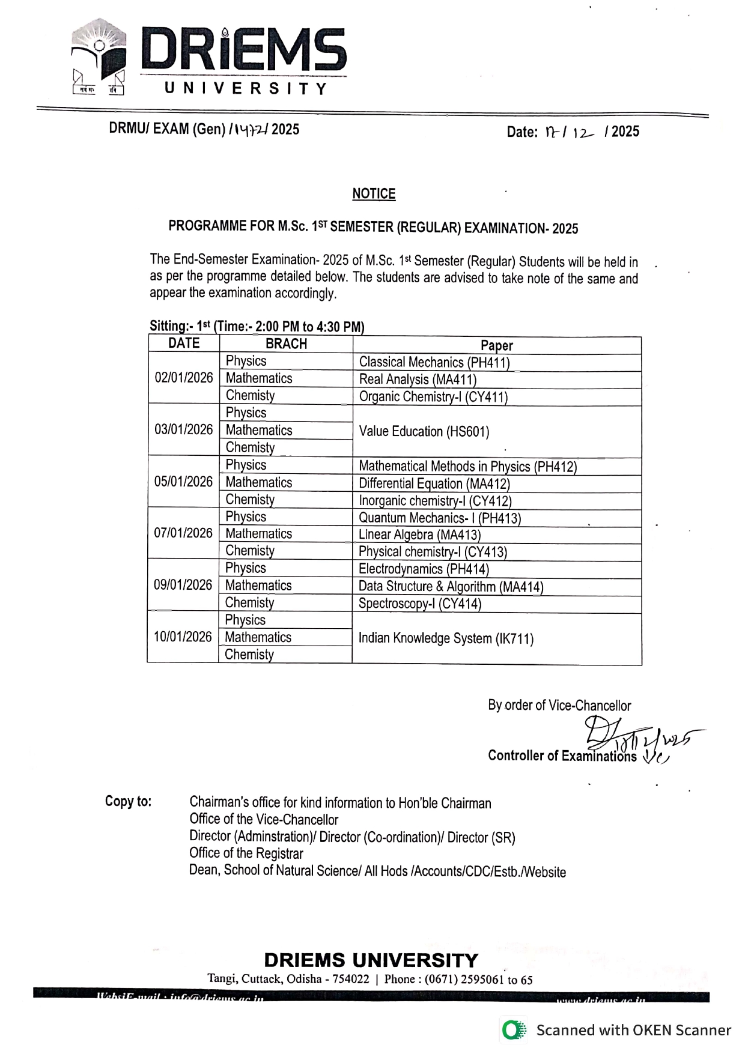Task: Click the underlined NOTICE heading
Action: [x=374, y=194]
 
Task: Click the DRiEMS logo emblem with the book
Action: [x=99, y=58]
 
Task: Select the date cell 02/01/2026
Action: [x=184, y=378]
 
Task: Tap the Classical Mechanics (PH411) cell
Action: [x=434, y=362]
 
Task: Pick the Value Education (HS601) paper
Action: [x=424, y=431]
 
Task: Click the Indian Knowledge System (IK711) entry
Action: [x=446, y=638]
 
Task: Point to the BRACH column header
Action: [x=286, y=344]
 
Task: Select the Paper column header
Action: [x=497, y=345]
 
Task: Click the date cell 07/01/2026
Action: [x=183, y=533]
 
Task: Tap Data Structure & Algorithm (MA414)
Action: [x=451, y=587]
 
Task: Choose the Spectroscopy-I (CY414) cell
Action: [x=420, y=604]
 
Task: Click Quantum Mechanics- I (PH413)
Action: [x=440, y=518]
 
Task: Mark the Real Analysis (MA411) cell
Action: [x=418, y=380]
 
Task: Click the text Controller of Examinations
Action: [x=562, y=756]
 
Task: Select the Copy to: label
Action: [x=128, y=802]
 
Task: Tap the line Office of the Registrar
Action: [x=246, y=853]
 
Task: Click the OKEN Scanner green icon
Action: [x=512, y=1031]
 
